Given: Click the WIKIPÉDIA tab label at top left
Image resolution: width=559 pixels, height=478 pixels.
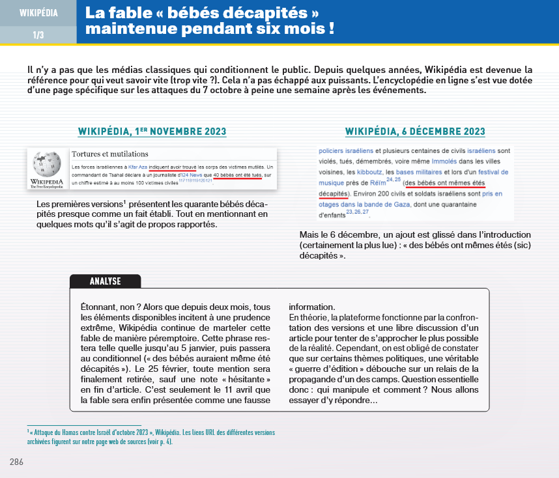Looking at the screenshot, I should [38, 13].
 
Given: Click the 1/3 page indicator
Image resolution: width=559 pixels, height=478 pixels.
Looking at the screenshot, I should [38, 35].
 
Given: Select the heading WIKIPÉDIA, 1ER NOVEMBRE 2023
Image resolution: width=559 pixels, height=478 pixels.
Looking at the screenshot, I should [152, 132].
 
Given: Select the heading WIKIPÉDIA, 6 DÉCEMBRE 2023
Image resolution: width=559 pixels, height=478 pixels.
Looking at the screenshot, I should [415, 132].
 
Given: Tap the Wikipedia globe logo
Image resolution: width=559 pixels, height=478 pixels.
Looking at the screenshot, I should [46, 165].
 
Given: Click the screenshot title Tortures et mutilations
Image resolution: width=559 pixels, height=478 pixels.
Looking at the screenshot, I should [110, 154].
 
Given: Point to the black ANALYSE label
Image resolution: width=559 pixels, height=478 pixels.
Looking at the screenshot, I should [105, 281].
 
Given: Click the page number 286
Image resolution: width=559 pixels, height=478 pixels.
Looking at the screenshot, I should [18, 462].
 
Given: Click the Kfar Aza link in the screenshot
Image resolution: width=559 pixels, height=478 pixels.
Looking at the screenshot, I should [137, 168].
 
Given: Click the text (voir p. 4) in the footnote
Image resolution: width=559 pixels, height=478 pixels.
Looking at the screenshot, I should [161, 441].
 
